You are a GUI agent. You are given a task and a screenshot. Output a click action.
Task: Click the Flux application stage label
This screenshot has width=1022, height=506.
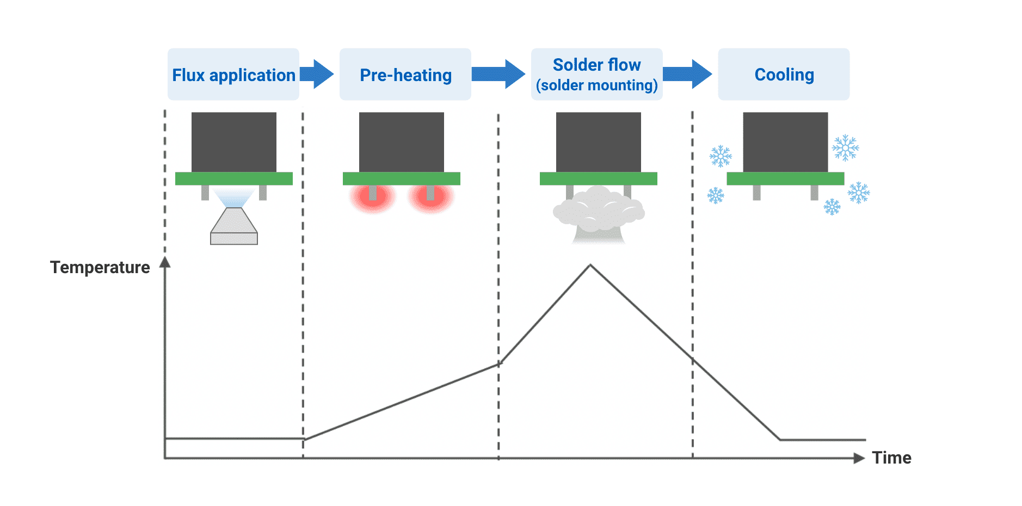tap(233, 75)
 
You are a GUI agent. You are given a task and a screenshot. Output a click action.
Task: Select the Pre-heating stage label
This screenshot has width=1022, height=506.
tap(405, 75)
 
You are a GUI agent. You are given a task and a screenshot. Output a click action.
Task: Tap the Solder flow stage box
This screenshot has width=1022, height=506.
tap(596, 74)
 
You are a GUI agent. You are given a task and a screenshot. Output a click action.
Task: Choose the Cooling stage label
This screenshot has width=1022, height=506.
tap(784, 74)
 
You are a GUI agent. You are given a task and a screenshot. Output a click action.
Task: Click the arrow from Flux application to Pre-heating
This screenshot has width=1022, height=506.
tap(317, 74)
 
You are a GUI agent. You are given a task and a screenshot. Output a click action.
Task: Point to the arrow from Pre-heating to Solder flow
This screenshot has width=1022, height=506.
tap(498, 74)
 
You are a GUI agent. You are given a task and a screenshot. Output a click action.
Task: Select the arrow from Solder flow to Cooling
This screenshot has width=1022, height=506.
tap(687, 74)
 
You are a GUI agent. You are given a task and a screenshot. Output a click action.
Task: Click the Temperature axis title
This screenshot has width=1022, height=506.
tap(100, 267)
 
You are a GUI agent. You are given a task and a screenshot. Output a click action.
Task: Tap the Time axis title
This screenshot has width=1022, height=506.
tap(891, 458)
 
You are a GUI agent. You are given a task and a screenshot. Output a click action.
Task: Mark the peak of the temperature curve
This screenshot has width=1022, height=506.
tap(590, 266)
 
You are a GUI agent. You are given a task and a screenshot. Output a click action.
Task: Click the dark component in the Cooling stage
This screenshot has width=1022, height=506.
tap(785, 142)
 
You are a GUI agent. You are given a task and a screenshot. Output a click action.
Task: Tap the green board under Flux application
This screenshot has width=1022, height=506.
tap(234, 178)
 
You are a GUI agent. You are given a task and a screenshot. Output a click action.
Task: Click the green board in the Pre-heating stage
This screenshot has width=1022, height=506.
tap(402, 178)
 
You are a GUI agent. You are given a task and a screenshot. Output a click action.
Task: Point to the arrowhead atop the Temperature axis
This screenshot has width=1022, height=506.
tap(165, 262)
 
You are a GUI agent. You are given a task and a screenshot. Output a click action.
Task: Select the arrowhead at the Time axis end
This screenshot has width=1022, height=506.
tap(859, 458)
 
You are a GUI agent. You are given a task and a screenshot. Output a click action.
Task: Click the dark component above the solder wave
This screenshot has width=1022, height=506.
tap(599, 142)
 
